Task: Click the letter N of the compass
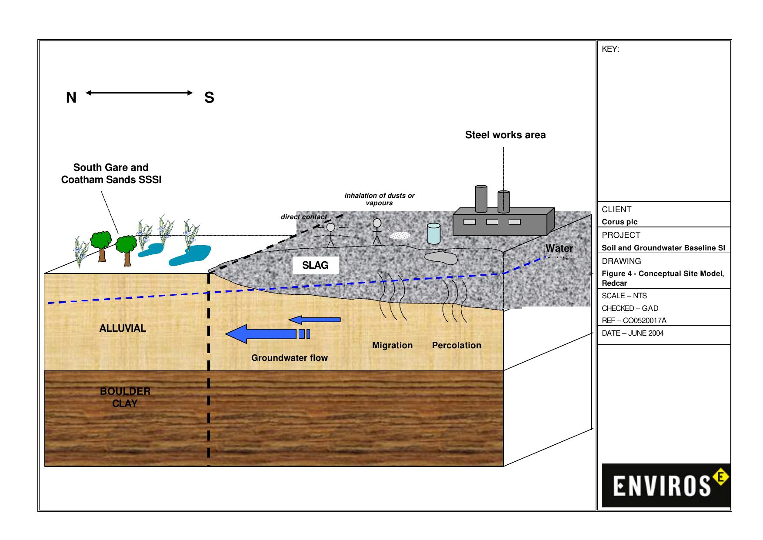71,98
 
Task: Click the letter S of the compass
209,98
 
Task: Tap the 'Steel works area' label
505,135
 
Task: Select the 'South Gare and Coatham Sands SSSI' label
111,173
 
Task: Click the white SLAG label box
315,265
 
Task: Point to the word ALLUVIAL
123,328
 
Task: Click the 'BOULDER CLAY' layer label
125,397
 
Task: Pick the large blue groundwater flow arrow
261,334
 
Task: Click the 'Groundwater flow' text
289,358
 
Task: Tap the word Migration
392,345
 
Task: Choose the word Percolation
456,345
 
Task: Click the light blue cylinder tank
433,233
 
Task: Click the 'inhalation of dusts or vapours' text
379,199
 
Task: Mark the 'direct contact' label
303,217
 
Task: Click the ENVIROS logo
665,485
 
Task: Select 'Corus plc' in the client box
620,222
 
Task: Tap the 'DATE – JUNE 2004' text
633,333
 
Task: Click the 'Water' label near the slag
559,248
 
